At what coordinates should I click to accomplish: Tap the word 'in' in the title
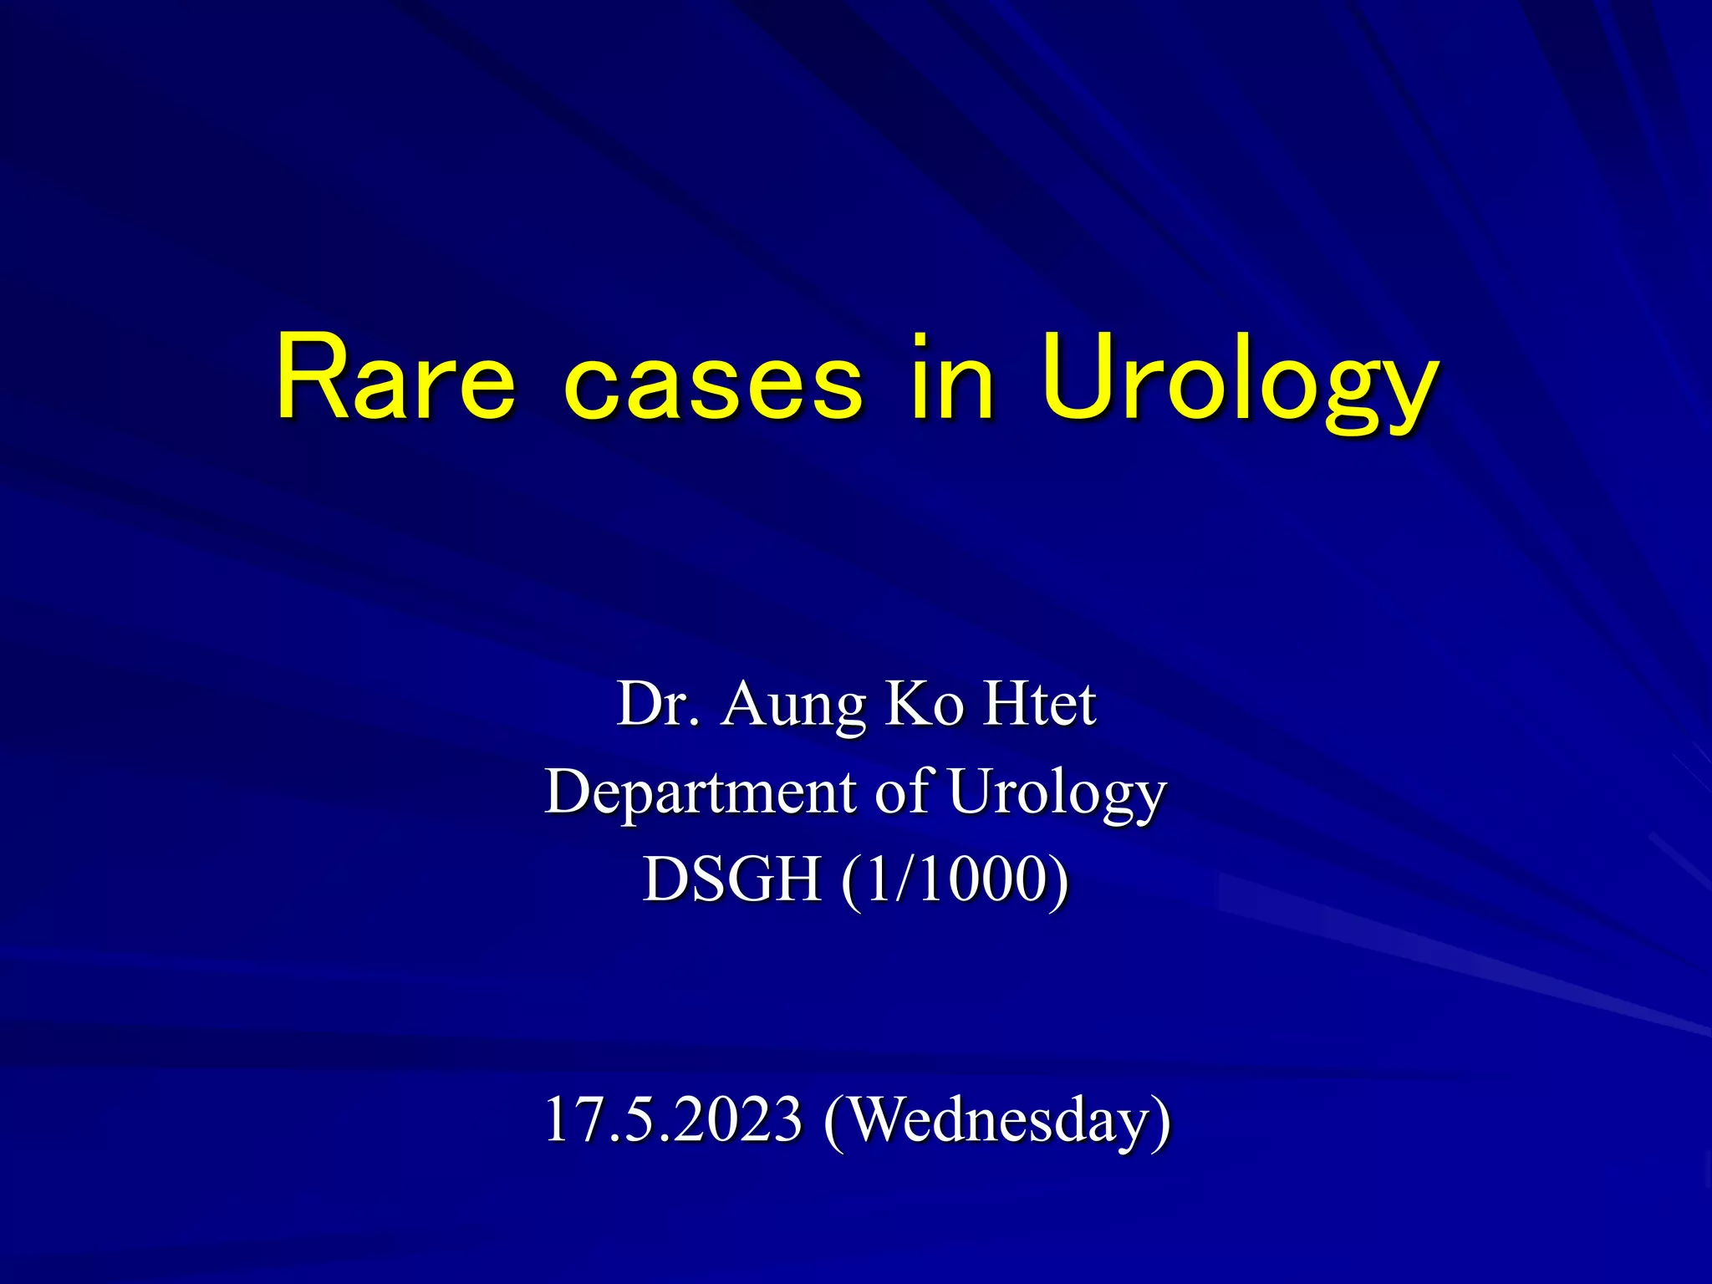click(953, 378)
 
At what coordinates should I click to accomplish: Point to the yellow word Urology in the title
click(1240, 385)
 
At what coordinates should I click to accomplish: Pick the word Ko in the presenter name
click(925, 704)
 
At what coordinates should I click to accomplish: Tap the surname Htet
click(1039, 704)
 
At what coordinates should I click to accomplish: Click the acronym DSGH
click(731, 879)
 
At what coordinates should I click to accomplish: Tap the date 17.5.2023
click(673, 1118)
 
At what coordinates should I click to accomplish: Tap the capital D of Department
click(568, 791)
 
